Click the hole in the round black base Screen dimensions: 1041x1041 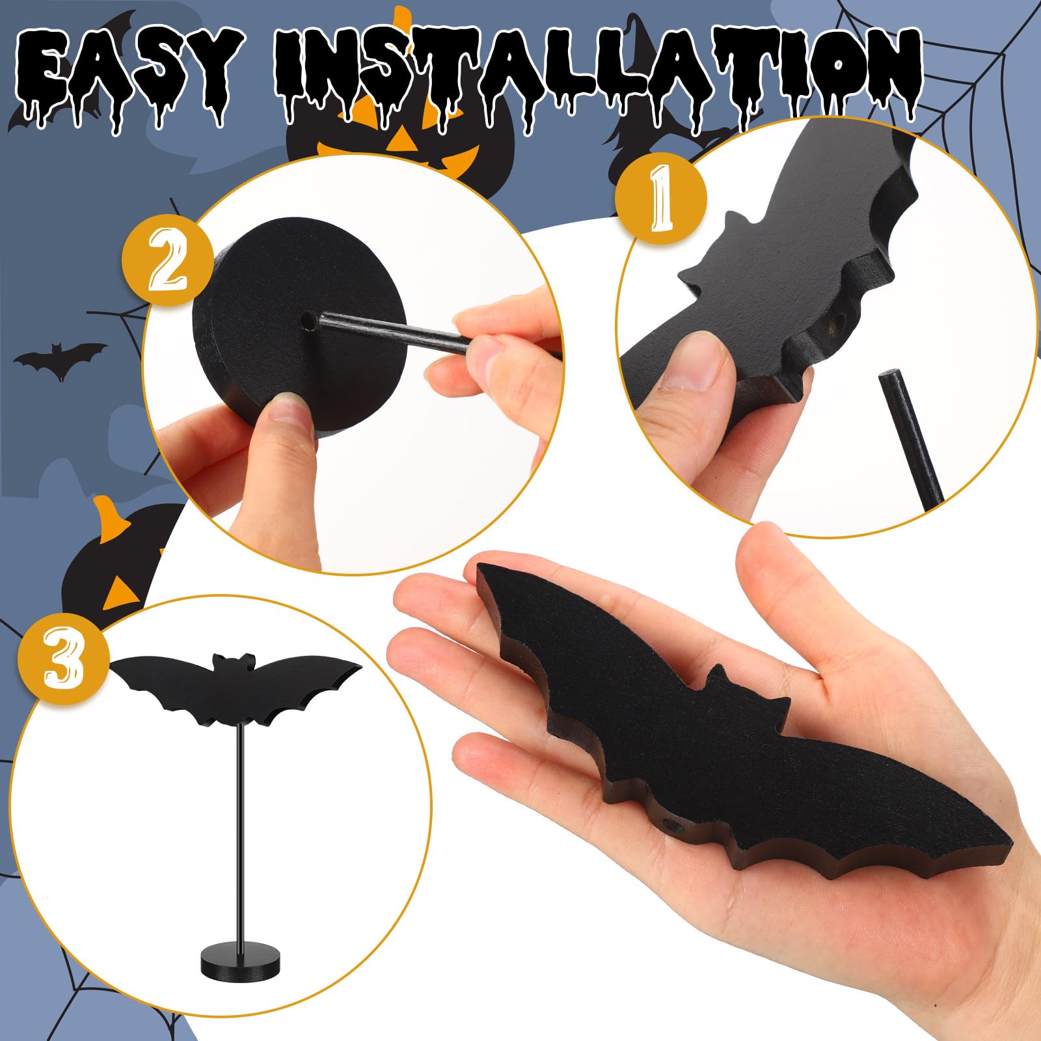click(306, 320)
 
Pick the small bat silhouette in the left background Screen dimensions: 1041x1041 click(60, 360)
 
